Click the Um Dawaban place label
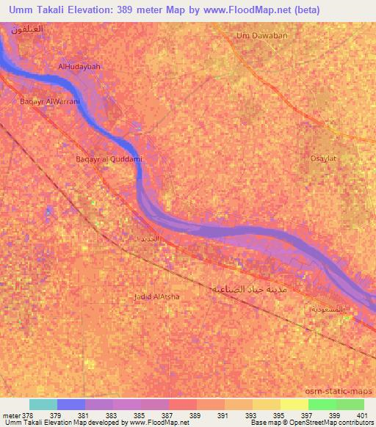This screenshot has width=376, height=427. [x=258, y=34]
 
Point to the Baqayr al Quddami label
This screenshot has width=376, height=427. [x=109, y=158]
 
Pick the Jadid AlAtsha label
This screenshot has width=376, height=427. [x=157, y=296]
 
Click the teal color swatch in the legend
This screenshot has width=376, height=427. [x=43, y=404]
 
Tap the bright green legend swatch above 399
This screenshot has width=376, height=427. [x=322, y=404]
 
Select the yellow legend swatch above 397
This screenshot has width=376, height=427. [x=294, y=404]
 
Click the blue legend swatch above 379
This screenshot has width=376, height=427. [x=71, y=404]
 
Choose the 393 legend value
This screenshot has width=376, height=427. [x=252, y=415]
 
